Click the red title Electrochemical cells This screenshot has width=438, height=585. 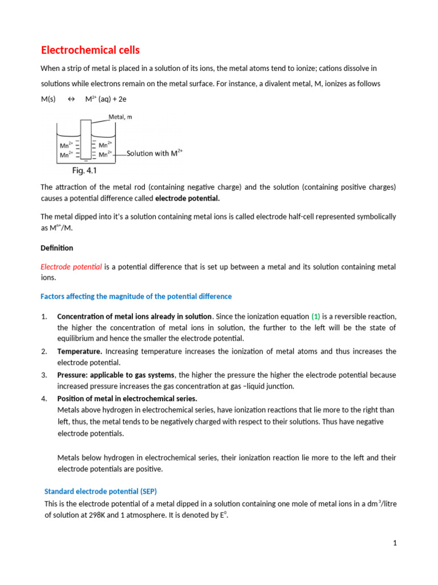point(90,50)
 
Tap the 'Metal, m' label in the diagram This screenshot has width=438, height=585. point(121,117)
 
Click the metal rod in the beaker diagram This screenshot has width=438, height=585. point(86,140)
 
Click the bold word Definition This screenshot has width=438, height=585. point(57,248)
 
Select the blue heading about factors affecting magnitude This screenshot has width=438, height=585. point(136,296)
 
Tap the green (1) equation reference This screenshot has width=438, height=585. point(316,316)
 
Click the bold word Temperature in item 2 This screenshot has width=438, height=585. point(80,351)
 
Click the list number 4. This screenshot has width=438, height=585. point(44,398)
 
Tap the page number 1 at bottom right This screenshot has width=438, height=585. point(394,543)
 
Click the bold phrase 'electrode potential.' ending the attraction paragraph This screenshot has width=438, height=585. point(187,199)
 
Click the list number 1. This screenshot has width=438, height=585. point(44,316)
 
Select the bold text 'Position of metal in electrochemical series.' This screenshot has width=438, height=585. point(127,398)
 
